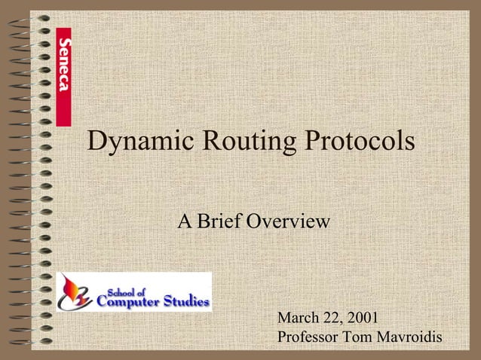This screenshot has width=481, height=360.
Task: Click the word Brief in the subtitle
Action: pyautogui.click(x=222, y=222)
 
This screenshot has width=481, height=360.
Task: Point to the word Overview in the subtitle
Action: pyautogui.click(x=290, y=222)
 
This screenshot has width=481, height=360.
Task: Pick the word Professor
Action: pyautogui.click(x=309, y=337)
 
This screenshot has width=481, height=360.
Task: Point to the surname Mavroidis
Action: pyautogui.click(x=411, y=337)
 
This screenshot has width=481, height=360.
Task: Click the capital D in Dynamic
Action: pyautogui.click(x=97, y=141)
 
